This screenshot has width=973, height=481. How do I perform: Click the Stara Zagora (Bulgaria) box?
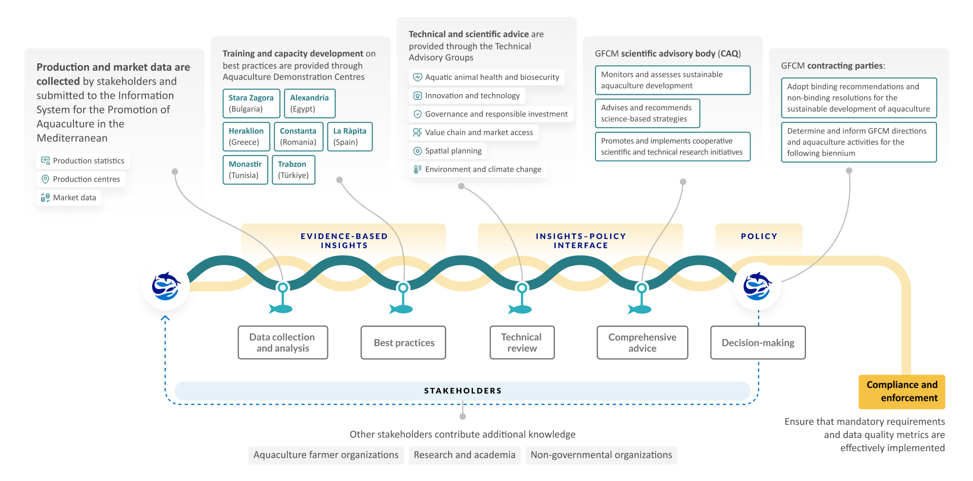pos(251,103)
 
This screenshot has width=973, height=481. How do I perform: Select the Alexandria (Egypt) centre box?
pos(309,103)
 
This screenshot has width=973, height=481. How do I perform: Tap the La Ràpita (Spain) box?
pos(350,137)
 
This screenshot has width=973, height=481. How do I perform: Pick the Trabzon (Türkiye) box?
pos(293,170)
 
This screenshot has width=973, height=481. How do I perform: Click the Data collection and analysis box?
pos(283,343)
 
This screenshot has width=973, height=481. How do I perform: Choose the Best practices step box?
pos(403,343)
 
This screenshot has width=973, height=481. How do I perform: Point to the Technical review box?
pos(522,343)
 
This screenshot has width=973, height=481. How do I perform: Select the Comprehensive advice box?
pos(642,343)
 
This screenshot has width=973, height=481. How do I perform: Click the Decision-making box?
pos(758,343)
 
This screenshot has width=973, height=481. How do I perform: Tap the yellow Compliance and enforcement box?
pos(902,391)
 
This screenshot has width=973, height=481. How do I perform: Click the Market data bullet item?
pos(69,197)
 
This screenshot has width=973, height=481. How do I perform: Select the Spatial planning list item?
pos(448,151)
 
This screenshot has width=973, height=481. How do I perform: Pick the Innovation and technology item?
pos(467,96)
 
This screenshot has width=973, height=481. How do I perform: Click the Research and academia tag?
pos(464,455)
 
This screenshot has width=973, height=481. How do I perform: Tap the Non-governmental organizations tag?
pos(601,455)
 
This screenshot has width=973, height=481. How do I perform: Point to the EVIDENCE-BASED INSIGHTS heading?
pos(344,240)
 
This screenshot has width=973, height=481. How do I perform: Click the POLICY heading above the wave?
pos(759,236)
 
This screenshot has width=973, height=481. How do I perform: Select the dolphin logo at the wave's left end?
pos(166,287)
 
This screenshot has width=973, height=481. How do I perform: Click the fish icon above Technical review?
pos(520,309)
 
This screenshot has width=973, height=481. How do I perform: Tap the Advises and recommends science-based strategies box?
pos(647,113)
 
